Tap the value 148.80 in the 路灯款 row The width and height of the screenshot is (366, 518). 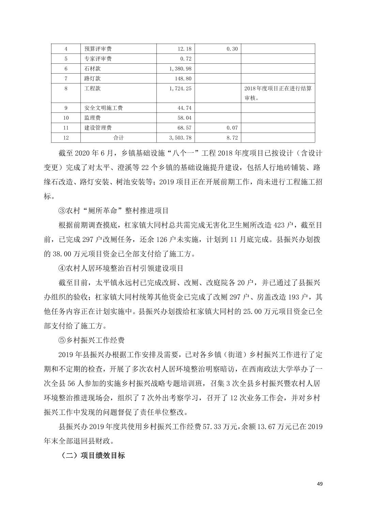click(184, 79)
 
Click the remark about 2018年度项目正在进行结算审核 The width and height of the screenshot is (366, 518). click(277, 93)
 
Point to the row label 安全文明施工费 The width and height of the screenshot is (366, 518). click(103, 108)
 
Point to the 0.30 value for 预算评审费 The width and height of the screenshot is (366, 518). click(232, 49)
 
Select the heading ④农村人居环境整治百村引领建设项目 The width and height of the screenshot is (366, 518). click(121, 268)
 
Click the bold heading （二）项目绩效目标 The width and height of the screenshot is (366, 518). click(93, 455)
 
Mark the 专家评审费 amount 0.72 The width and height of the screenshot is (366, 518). click(186, 59)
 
